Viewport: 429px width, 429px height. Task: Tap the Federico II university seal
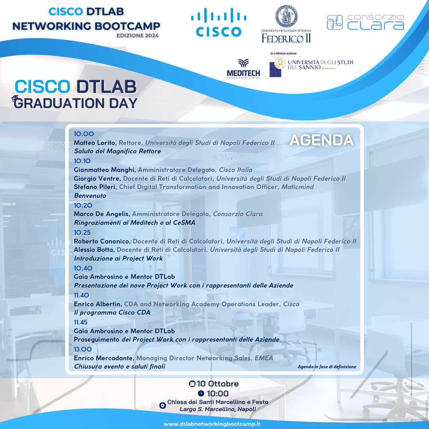click(x=286, y=17)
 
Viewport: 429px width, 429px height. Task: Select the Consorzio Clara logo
click(x=365, y=22)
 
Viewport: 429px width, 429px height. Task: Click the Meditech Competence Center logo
click(x=243, y=69)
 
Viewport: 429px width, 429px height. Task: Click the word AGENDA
click(x=321, y=140)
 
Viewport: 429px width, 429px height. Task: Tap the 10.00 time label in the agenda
click(x=84, y=134)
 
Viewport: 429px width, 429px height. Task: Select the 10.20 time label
click(x=83, y=205)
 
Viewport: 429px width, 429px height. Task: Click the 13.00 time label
click(x=83, y=349)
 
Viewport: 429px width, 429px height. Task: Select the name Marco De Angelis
click(x=102, y=214)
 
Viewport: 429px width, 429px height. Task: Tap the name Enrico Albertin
click(x=98, y=304)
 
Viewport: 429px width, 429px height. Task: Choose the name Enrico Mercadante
click(x=104, y=358)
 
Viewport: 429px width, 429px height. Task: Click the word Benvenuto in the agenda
click(x=90, y=196)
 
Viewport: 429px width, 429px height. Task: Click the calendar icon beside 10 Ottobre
click(x=192, y=384)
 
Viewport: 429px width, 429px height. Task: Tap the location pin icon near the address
click(x=162, y=406)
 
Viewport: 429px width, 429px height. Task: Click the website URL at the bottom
click(x=212, y=424)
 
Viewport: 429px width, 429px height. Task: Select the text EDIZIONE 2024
click(x=137, y=36)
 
